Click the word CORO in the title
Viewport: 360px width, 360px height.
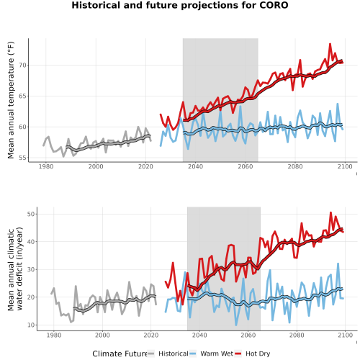(x=274, y=5)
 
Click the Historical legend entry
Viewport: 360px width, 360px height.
(x=168, y=354)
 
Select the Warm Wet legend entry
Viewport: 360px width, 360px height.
(x=211, y=354)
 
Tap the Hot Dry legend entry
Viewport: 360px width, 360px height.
(x=253, y=354)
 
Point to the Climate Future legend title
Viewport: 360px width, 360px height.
(x=120, y=354)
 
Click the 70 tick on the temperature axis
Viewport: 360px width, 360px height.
(x=22, y=66)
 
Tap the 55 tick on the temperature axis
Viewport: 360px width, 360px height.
(x=22, y=158)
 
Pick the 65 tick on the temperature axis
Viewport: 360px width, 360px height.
(x=22, y=96)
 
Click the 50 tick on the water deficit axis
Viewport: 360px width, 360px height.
(x=31, y=214)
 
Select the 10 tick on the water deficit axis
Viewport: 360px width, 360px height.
(x=31, y=325)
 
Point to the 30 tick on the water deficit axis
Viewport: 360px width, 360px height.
(x=31, y=269)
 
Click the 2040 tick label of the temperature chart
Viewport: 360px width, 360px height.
(x=195, y=166)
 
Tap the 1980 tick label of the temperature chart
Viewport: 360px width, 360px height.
(x=46, y=166)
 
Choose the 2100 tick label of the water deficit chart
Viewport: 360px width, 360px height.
(x=345, y=335)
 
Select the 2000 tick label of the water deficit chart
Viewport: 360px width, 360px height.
(x=102, y=335)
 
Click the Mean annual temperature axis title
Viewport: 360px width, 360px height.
(x=11, y=100)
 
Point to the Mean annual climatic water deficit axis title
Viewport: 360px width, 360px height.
(x=15, y=269)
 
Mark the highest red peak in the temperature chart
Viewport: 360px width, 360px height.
(x=330, y=44)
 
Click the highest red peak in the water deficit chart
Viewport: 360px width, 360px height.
(x=330, y=212)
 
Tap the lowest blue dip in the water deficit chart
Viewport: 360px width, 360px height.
(x=236, y=325)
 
